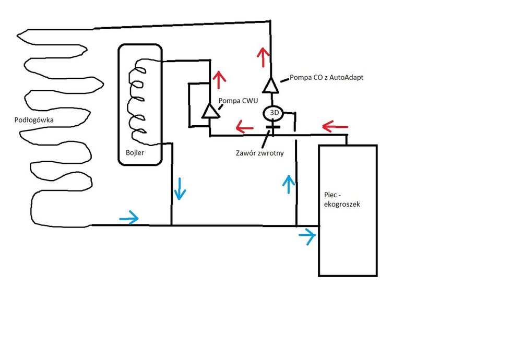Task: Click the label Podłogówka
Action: (35, 121)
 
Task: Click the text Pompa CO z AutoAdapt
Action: (326, 77)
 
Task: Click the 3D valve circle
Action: (272, 113)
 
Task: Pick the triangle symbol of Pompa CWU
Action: (210, 111)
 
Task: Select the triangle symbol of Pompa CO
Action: (271, 85)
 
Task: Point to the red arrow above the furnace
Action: (334, 126)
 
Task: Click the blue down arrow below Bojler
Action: (180, 188)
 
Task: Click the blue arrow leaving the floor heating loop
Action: (129, 218)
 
